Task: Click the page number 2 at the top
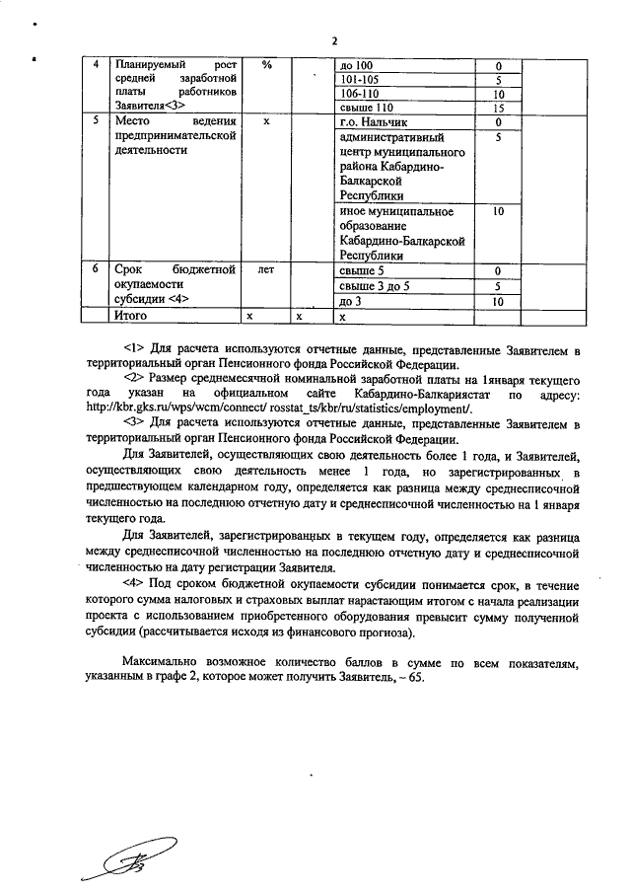point(333,40)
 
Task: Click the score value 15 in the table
point(499,108)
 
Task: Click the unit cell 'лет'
point(266,268)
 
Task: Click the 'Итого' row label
point(130,316)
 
